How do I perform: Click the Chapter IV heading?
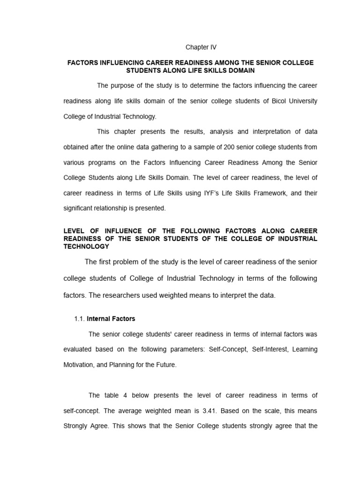coord(201,47)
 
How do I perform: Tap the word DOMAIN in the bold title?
coord(242,70)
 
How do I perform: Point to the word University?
coord(300,101)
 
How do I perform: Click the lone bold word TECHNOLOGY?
coord(86,246)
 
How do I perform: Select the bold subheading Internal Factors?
coord(111,319)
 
